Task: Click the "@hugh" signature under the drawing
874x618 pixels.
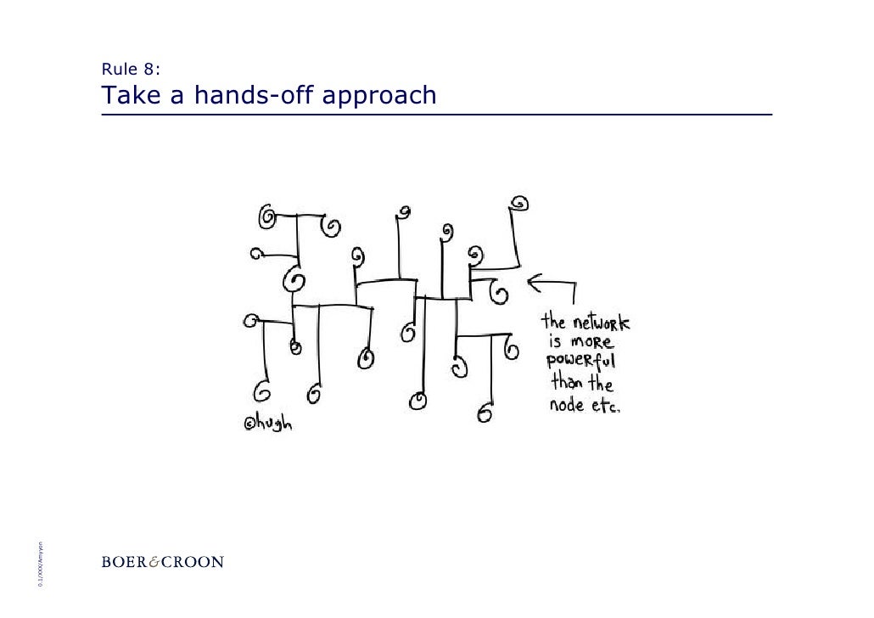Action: [266, 421]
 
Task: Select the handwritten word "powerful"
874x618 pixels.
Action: [585, 363]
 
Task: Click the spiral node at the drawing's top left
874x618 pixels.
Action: [266, 218]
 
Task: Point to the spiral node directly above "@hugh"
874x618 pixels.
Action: [261, 392]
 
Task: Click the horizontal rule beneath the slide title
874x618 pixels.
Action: [436, 115]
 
